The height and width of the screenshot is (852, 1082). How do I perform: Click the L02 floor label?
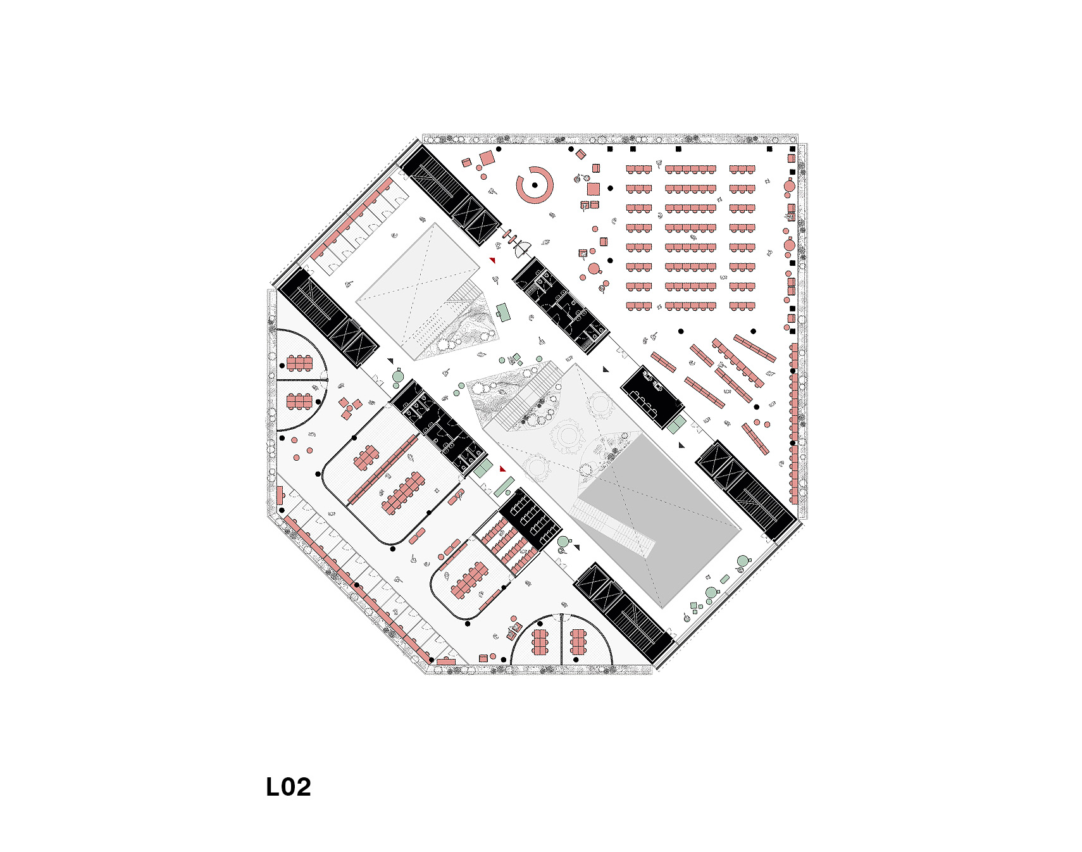tap(289, 787)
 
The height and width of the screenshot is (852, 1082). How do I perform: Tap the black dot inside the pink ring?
tap(535, 185)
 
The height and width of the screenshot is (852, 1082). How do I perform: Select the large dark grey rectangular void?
tap(658, 516)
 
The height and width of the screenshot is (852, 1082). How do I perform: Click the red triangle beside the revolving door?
tap(492, 260)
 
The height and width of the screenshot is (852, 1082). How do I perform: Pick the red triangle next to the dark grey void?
tap(503, 469)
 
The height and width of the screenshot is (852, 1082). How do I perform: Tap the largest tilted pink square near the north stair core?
tap(487, 158)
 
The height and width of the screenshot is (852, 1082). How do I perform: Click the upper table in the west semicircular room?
tap(299, 363)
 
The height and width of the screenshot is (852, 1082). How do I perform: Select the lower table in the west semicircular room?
tap(299, 401)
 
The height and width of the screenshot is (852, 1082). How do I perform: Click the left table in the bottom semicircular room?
tap(540, 642)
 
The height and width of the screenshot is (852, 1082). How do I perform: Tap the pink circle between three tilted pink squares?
tap(349, 408)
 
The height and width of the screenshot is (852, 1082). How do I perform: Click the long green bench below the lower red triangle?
tap(504, 487)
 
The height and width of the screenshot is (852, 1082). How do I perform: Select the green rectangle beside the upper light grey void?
tap(504, 312)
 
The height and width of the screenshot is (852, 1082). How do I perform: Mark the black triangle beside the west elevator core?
tap(390, 361)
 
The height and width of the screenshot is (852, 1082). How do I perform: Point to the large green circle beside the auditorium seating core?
tap(563, 542)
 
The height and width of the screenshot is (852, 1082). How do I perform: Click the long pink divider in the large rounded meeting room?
tap(383, 469)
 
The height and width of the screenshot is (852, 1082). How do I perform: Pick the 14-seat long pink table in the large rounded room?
tap(403, 493)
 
